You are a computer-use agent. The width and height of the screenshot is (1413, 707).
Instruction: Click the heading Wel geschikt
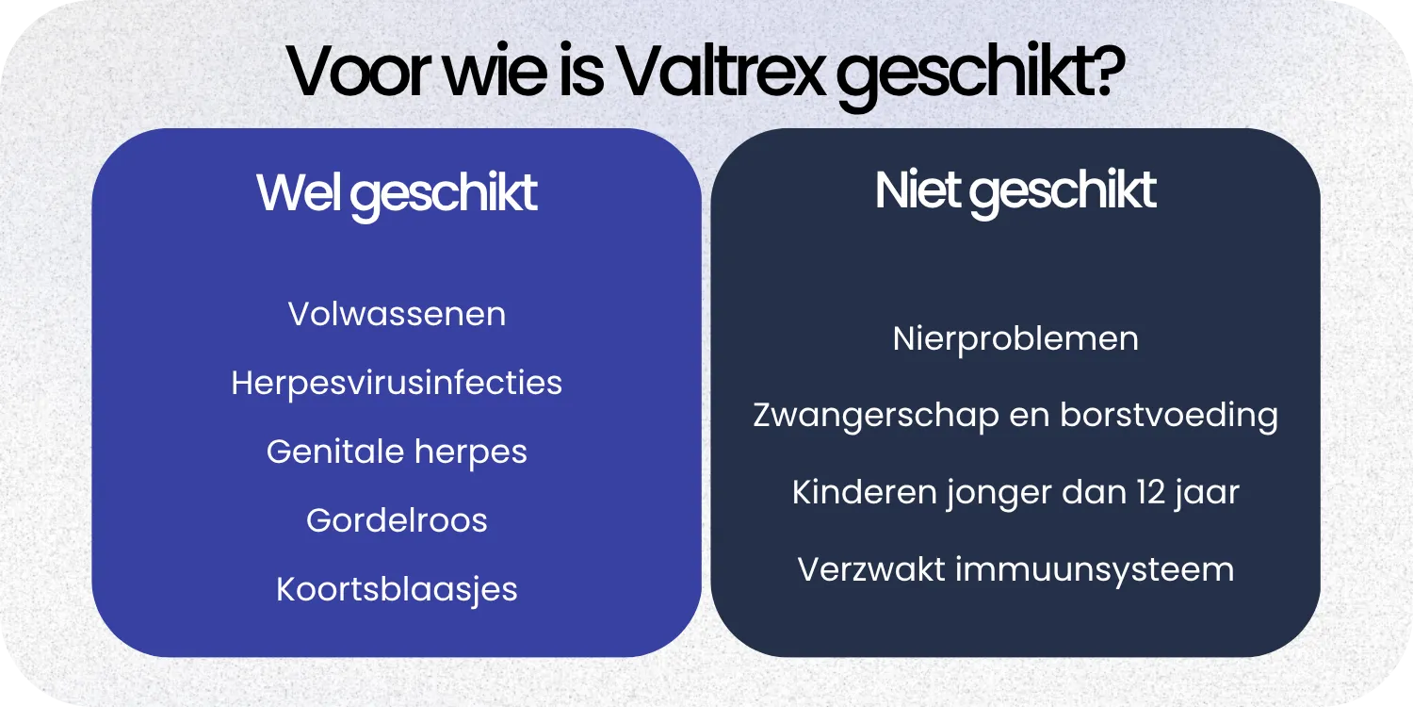point(397,193)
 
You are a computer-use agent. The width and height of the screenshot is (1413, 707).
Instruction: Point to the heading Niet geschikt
point(1015,190)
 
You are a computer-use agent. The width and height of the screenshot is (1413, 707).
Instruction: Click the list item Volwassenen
point(397,314)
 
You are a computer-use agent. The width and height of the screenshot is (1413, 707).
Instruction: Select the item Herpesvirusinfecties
point(397,383)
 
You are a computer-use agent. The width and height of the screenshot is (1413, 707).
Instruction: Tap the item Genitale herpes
point(397,452)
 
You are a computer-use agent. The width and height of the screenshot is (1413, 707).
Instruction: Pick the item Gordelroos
point(397,520)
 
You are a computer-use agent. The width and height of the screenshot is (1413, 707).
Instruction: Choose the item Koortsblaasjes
point(397,589)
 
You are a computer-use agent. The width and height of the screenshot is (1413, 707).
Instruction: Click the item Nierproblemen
point(1015,338)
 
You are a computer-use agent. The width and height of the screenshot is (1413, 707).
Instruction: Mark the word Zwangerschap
point(876,416)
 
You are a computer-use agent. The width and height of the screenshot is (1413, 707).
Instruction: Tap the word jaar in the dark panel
point(1210,492)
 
